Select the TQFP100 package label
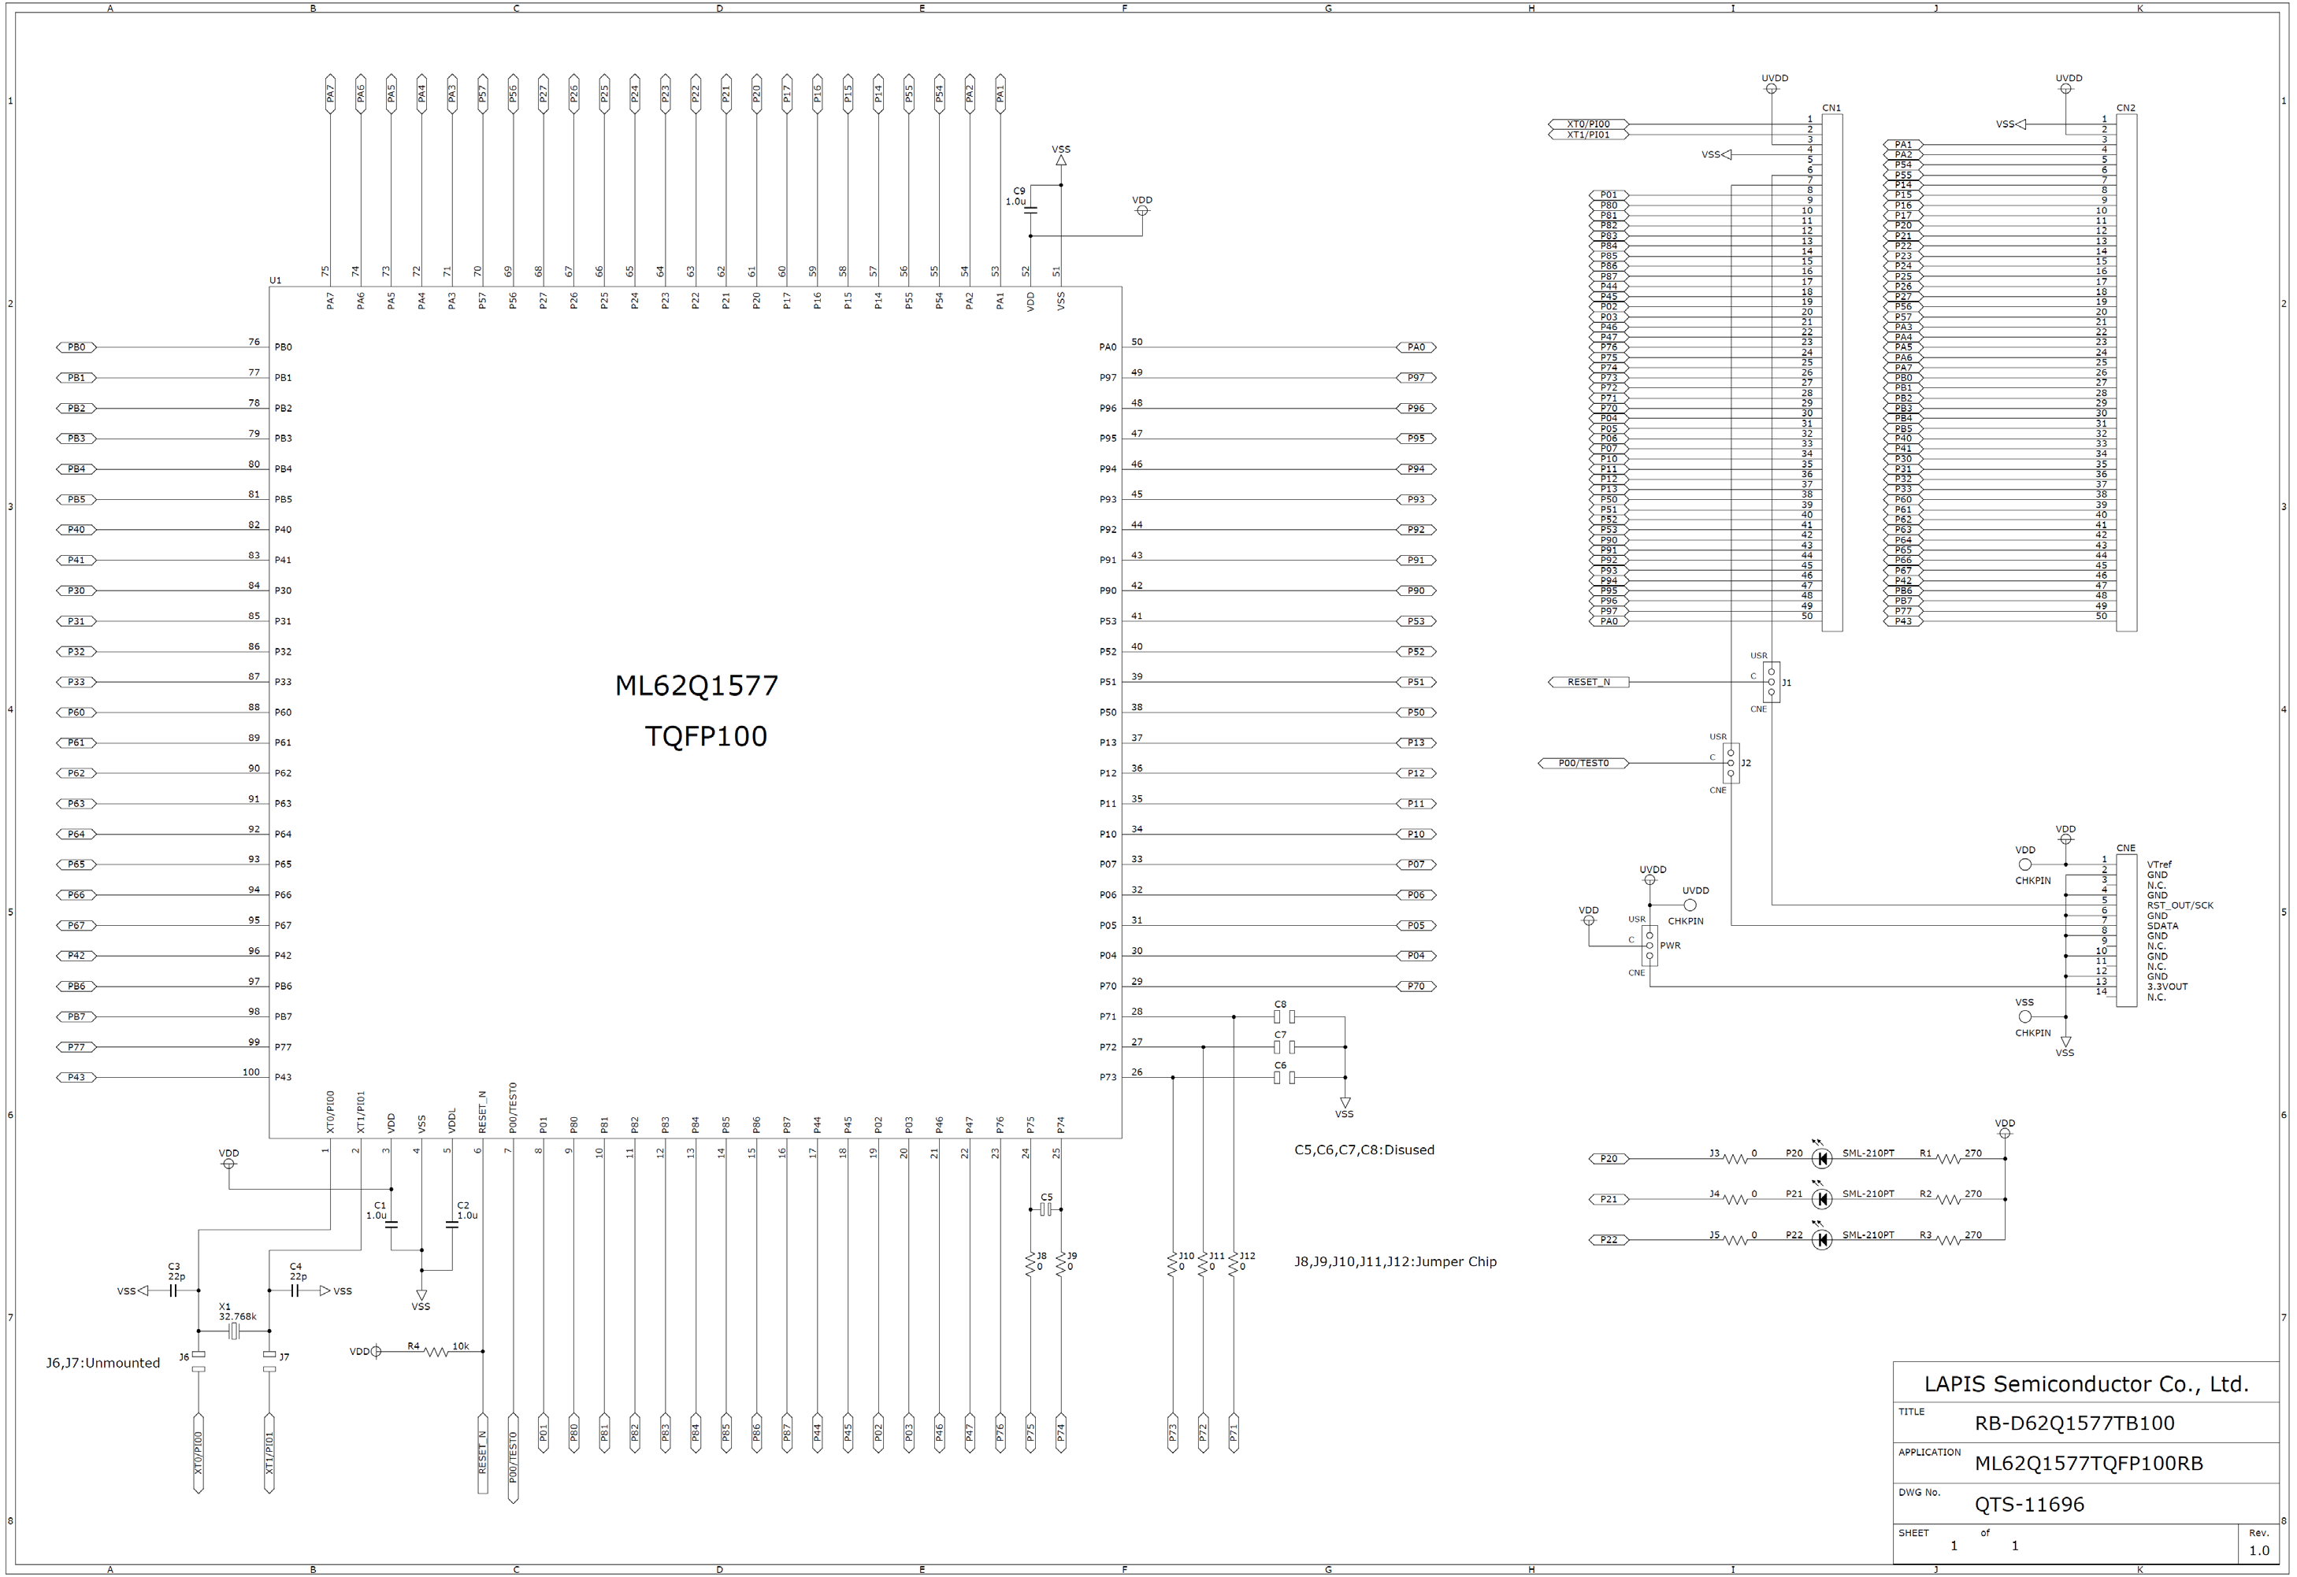[x=705, y=736]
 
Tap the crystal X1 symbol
[x=234, y=1331]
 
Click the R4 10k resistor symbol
[x=436, y=1352]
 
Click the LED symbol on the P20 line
[x=1821, y=1158]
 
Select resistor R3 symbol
[x=1948, y=1240]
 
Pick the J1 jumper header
[x=1771, y=682]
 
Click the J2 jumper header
[x=1731, y=763]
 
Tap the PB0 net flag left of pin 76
[x=76, y=347]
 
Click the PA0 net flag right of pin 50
[x=1416, y=347]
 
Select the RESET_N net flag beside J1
[x=1587, y=682]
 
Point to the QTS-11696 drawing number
[x=2029, y=1505]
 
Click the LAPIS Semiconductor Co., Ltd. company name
[x=2085, y=1383]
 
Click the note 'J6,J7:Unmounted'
[x=102, y=1364]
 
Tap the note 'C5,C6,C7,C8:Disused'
[x=1364, y=1150]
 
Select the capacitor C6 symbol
[x=1284, y=1077]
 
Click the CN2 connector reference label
[x=2125, y=108]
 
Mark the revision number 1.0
[x=2259, y=1550]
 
